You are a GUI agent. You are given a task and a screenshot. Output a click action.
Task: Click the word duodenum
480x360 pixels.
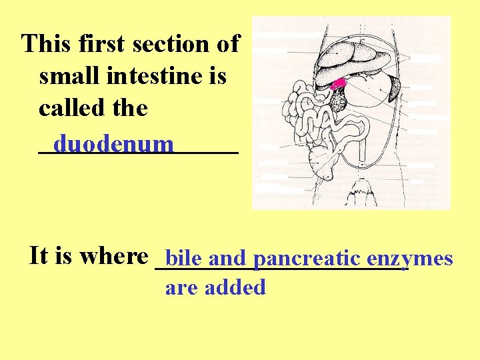(x=114, y=144)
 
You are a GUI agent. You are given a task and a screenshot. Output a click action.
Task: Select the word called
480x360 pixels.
(x=74, y=108)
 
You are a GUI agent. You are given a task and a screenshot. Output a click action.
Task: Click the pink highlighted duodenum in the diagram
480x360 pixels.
(x=339, y=84)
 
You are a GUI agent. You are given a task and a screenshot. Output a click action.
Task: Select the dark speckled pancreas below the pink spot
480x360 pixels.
(x=339, y=100)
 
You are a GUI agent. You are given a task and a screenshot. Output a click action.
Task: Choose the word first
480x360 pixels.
(x=101, y=44)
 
